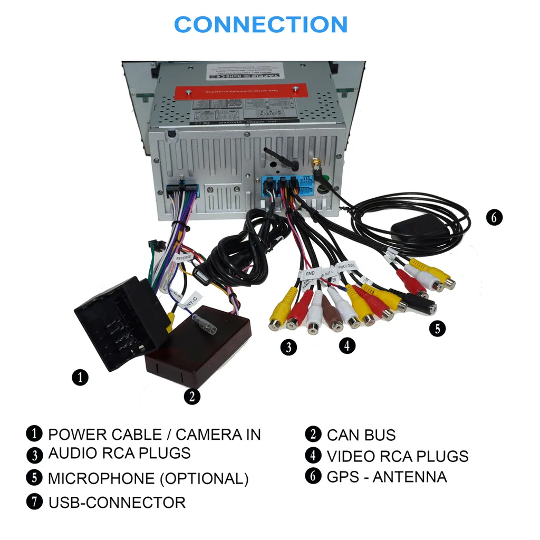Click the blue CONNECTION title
coord(261,25)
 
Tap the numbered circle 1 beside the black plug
coord(80,378)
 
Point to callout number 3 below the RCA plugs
coord(288,347)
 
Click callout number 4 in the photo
coord(346,345)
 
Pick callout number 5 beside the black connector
coord(437,329)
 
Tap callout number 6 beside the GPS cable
coord(494,217)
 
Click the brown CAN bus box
coord(199,343)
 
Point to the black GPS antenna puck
coord(417,232)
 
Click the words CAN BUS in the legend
coord(361,435)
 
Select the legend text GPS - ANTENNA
coord(387,477)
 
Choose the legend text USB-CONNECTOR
coord(117,503)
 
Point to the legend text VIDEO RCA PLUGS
coord(398,456)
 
